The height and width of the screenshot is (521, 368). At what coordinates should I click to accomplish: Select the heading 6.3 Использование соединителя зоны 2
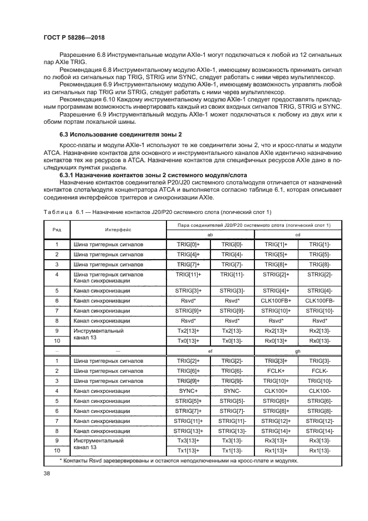(x=121, y=135)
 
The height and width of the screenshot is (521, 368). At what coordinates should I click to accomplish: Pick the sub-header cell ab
(x=210, y=235)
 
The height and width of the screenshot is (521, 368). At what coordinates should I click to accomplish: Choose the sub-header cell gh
(x=298, y=352)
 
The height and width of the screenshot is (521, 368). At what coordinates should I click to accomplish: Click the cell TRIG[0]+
(x=188, y=244)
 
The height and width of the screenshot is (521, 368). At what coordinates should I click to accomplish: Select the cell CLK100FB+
(x=276, y=300)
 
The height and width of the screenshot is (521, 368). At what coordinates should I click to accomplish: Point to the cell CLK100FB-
(x=320, y=300)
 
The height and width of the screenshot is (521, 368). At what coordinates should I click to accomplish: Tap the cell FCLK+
(x=276, y=371)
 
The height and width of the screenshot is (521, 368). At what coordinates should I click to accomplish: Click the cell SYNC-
(x=232, y=391)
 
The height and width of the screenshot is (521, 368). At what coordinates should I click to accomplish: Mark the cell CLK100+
(x=276, y=391)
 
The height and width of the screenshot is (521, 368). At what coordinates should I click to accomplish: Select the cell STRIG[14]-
(x=320, y=431)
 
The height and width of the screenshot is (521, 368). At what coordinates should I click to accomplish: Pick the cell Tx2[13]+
(x=188, y=330)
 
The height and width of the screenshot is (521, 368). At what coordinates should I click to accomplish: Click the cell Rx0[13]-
(x=320, y=340)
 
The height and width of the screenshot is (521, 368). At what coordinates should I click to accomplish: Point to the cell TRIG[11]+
(x=188, y=274)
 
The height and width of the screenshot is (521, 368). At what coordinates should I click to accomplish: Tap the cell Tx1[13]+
(x=188, y=450)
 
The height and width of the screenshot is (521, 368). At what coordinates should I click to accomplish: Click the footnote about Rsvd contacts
(x=179, y=461)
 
